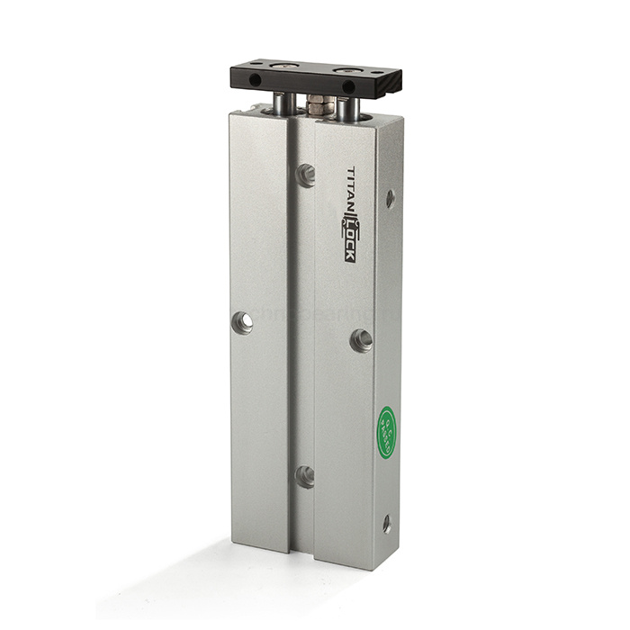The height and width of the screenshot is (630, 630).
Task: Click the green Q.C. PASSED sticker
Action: [386, 432]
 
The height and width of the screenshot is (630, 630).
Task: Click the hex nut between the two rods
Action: [319, 105]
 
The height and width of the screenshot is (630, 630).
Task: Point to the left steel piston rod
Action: [283, 103]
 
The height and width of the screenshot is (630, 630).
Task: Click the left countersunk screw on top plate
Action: [285, 66]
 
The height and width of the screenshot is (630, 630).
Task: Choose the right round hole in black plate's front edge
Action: [348, 87]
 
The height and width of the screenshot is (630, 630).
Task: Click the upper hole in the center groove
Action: [306, 175]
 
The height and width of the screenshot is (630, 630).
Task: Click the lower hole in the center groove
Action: [306, 476]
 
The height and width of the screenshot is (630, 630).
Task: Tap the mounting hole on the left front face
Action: [242, 322]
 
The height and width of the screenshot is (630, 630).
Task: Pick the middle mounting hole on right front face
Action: [361, 339]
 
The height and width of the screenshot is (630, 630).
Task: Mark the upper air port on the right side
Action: [390, 198]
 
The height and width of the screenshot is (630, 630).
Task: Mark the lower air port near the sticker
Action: [386, 523]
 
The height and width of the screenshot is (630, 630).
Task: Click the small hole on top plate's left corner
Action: [255, 64]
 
